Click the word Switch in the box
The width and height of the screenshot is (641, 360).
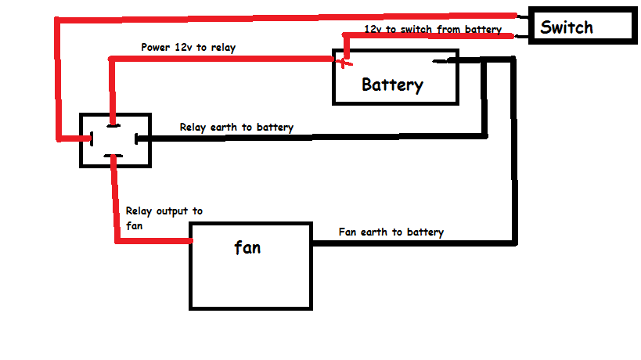pos(567,27)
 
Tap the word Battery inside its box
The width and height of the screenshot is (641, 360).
pos(392,85)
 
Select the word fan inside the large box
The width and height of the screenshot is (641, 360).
pos(247,247)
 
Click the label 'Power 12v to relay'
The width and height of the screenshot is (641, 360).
pos(189,48)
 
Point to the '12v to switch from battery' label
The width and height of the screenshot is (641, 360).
pos(433,30)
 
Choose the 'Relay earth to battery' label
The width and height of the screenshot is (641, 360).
pos(236,128)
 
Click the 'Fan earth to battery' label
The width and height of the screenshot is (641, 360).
pos(391,232)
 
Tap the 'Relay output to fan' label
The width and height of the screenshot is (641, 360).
pos(164,218)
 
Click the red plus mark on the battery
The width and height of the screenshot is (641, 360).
pos(344,63)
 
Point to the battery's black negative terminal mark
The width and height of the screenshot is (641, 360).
pos(441,61)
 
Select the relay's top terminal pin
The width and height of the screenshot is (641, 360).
pos(113,125)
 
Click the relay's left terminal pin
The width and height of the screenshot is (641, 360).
pos(92,139)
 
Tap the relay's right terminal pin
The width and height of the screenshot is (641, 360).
pos(136,139)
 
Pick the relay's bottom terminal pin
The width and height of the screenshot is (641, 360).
pos(113,156)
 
